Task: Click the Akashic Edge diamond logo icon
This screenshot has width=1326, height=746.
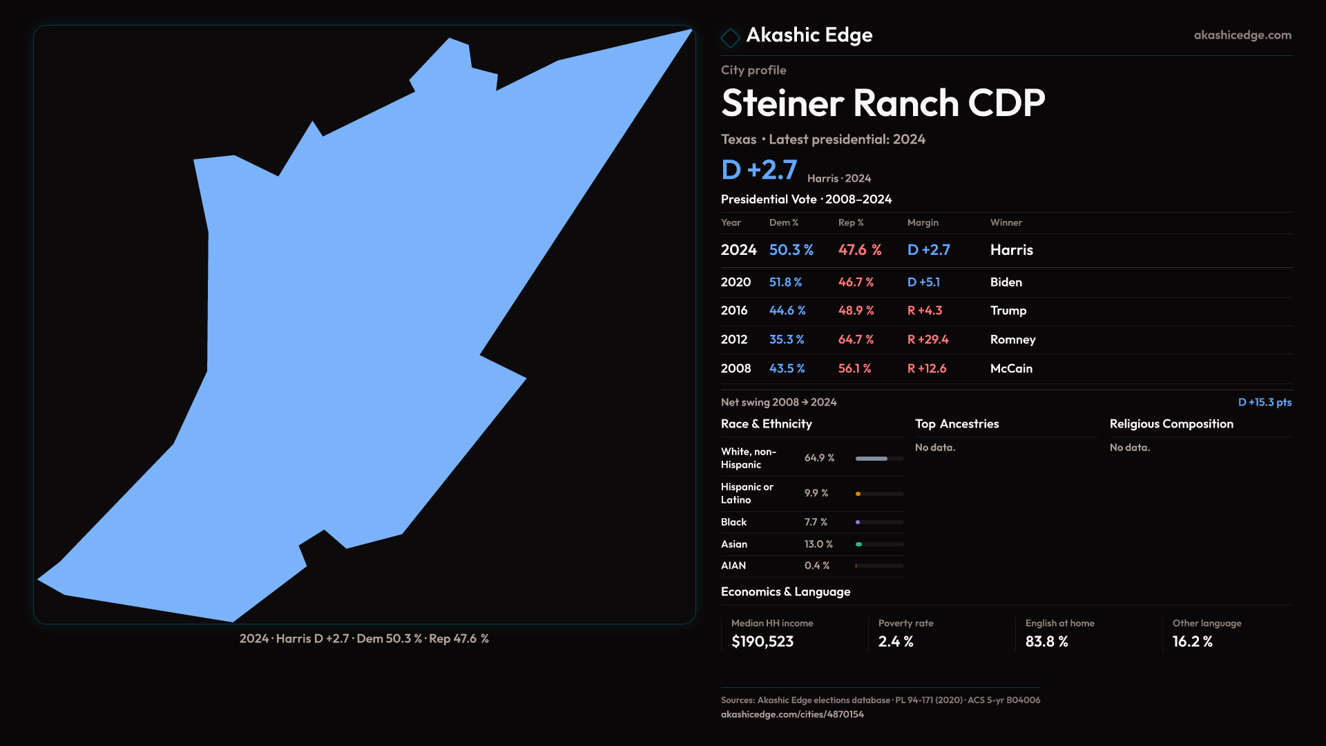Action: point(730,37)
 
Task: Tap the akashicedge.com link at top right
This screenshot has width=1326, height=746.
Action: point(1242,35)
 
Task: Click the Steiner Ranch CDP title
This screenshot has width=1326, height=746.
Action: point(883,104)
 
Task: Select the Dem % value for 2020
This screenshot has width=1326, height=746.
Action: point(785,283)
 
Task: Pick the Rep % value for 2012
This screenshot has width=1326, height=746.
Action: point(856,340)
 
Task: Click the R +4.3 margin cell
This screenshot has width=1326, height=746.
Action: point(925,311)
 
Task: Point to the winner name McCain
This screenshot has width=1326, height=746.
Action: point(1011,369)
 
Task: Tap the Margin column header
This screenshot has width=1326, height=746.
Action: point(923,222)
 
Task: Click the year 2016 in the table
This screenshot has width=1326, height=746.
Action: point(734,311)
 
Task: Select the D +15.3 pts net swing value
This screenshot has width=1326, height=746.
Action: point(1265,402)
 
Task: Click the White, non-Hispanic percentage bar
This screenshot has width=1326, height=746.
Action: point(879,459)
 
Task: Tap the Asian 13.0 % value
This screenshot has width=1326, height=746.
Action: point(818,544)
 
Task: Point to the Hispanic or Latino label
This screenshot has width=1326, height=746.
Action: point(747,493)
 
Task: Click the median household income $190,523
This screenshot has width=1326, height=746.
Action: point(762,642)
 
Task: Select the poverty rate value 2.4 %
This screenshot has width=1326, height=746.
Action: point(896,642)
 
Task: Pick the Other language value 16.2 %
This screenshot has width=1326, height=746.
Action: point(1192,642)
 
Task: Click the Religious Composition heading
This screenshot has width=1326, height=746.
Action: point(1171,424)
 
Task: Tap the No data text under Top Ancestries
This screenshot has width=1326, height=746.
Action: point(935,448)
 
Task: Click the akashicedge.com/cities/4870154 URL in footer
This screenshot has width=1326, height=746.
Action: point(792,714)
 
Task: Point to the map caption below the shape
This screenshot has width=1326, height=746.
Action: point(364,639)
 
